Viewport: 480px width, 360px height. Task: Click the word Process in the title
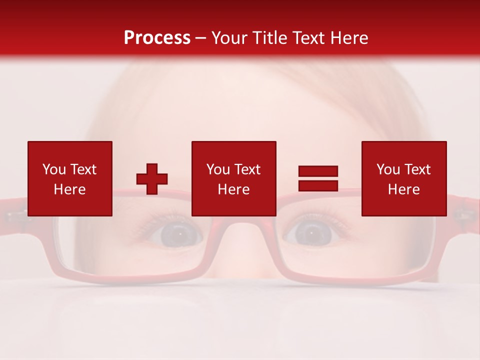point(157,38)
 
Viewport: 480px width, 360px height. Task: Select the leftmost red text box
point(70,178)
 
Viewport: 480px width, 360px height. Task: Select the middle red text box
point(233,178)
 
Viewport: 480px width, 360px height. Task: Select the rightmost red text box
point(403,178)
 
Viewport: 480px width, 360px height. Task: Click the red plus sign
point(152,179)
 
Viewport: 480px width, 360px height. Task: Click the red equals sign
point(318,178)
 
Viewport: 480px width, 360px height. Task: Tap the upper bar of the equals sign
point(318,171)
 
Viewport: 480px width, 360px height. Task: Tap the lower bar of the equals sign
point(318,185)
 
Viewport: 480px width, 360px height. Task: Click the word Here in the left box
point(70,189)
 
